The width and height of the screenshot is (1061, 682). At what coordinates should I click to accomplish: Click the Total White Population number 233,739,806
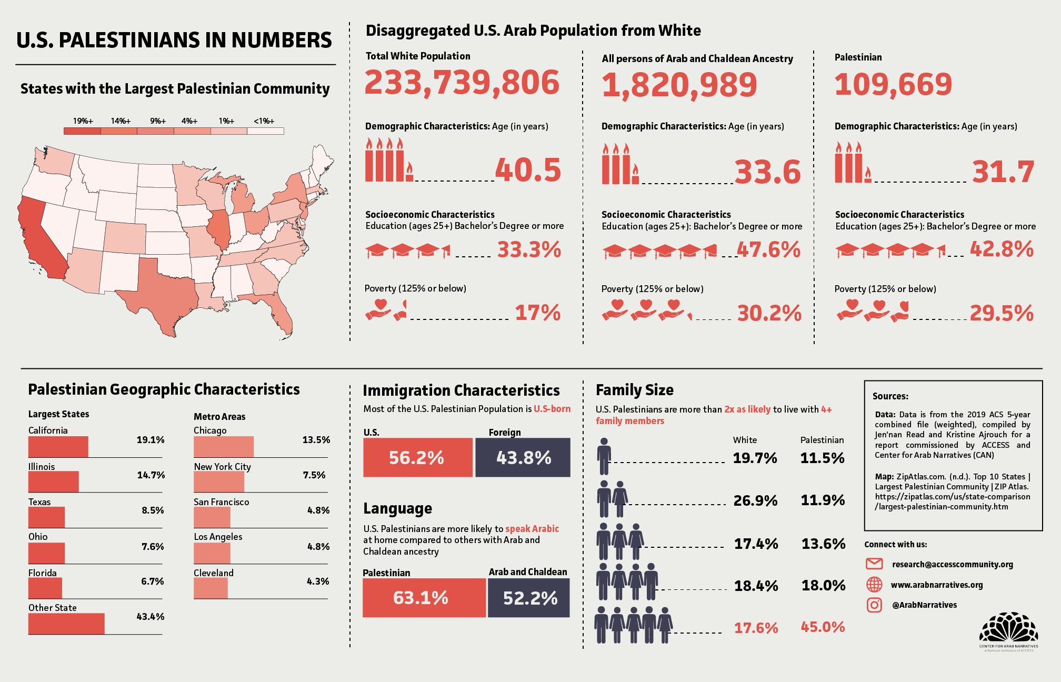tap(462, 83)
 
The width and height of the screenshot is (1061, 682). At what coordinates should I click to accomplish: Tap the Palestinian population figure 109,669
tap(893, 84)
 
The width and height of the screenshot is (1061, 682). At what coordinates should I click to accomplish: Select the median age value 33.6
tap(767, 172)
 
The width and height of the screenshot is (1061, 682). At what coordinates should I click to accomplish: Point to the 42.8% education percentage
tap(1002, 249)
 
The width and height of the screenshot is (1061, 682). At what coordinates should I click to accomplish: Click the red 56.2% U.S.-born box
tap(417, 457)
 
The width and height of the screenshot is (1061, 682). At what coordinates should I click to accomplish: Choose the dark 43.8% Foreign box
tap(523, 457)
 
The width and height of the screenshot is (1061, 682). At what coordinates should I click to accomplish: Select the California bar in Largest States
tap(58, 447)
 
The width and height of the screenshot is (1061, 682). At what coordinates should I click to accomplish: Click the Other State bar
tap(66, 624)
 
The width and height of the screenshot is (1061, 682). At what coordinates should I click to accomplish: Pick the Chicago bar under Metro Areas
tap(224, 447)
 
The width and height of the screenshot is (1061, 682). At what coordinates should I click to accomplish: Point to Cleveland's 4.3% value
tap(318, 581)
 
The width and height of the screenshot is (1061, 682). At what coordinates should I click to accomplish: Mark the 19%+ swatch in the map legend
tap(82, 131)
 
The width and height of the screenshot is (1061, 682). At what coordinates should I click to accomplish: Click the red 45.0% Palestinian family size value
tap(823, 627)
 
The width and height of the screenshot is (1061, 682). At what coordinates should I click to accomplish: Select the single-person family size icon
tap(604, 456)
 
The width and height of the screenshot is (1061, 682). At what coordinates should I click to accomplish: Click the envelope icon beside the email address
tap(874, 564)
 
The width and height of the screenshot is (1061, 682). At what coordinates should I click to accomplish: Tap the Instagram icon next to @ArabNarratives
tap(874, 605)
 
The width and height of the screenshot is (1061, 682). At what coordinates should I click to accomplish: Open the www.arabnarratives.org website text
tap(937, 585)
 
